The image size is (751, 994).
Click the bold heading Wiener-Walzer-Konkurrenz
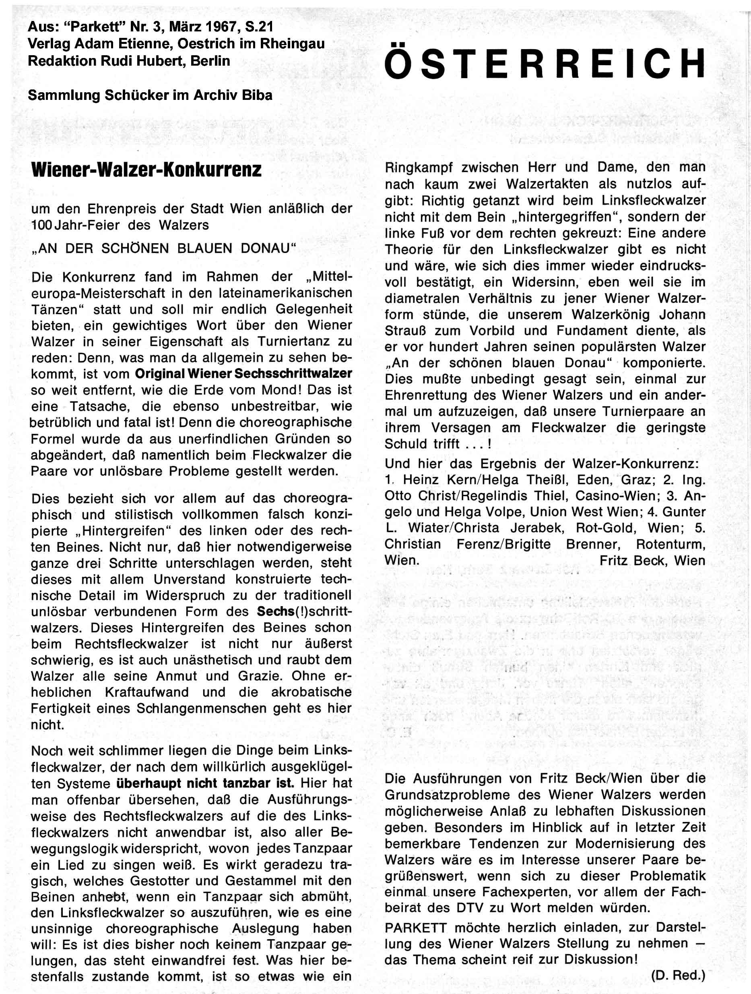point(146,170)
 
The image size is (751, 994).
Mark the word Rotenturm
point(671,544)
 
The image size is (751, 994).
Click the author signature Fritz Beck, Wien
point(652,561)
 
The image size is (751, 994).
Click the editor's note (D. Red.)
point(678,975)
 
